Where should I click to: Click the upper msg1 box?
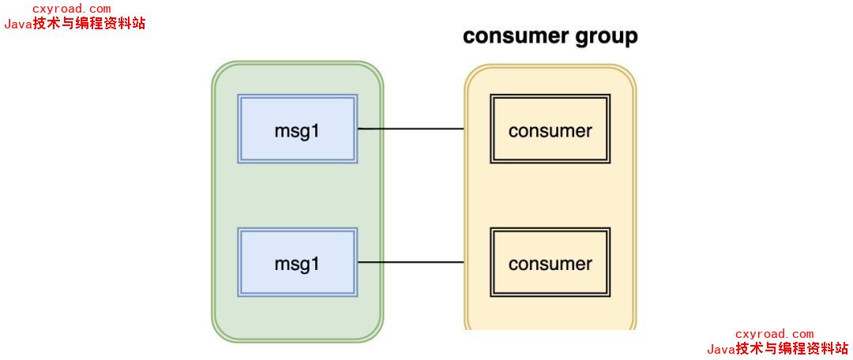click(297, 129)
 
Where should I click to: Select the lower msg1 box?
click(297, 262)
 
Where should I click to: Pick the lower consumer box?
click(550, 263)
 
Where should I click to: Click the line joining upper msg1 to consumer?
click(411, 129)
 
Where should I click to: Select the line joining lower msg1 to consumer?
click(411, 262)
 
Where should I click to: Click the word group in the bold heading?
click(606, 37)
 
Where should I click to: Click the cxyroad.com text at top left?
click(71, 9)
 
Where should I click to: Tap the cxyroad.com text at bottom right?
click(774, 334)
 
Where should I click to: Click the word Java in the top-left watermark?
click(18, 24)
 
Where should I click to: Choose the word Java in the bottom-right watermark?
click(721, 349)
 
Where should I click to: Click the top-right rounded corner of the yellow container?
click(629, 73)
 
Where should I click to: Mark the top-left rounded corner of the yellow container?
click(472, 73)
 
